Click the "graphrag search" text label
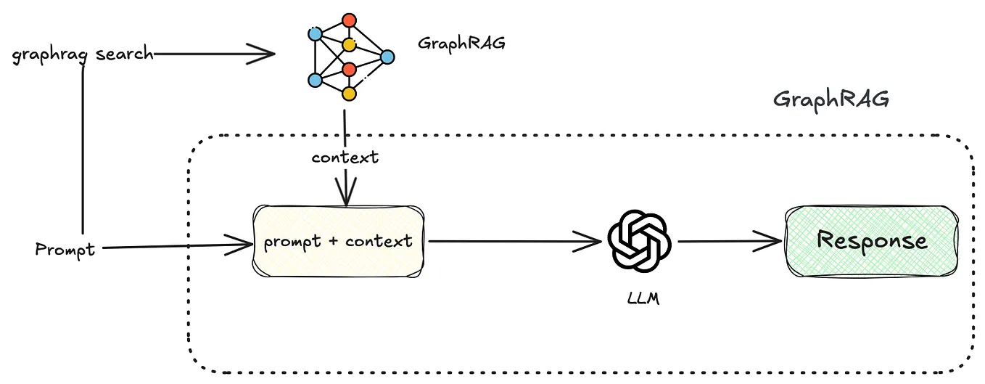click(83, 54)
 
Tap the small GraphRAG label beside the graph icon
click(461, 43)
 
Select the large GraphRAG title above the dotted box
click(831, 99)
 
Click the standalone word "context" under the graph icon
click(345, 157)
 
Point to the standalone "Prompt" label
click(65, 250)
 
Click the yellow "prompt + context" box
click(338, 241)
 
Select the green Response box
click(872, 240)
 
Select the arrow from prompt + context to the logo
click(515, 242)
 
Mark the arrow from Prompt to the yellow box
click(174, 247)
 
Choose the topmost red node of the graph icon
click(350, 20)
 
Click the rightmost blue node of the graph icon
click(387, 57)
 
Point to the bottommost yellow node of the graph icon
click(349, 94)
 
